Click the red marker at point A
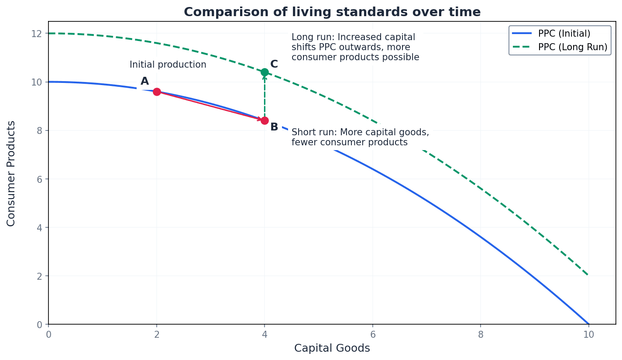point(157,92)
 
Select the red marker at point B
point(265,120)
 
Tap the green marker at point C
point(265,72)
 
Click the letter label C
point(274,65)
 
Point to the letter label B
point(274,127)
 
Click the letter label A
point(144,82)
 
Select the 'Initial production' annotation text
point(168,65)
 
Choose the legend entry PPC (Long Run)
point(572,47)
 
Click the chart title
point(332,12)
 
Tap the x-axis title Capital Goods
point(332,348)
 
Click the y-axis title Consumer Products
point(11,173)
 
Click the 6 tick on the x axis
point(372,334)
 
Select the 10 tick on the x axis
point(588,334)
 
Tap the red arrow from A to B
point(210,106)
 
